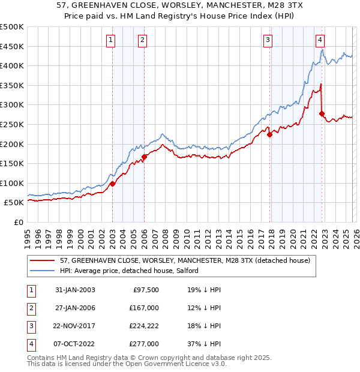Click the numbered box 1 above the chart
click(112, 40)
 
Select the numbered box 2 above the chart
click(143, 40)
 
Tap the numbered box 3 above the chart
click(268, 40)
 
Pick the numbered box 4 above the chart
click(320, 40)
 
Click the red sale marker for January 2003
click(112, 184)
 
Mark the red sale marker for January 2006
click(144, 157)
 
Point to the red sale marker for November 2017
click(269, 135)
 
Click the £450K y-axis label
click(12, 46)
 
